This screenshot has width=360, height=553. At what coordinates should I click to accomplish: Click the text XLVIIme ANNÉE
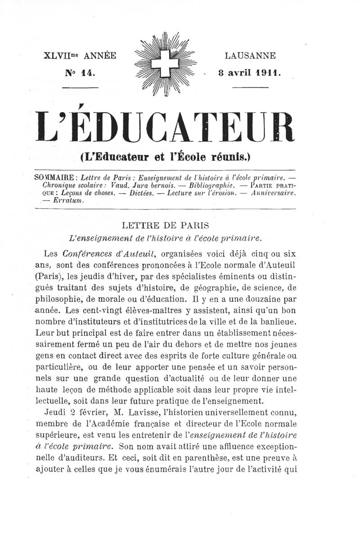(x=80, y=56)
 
